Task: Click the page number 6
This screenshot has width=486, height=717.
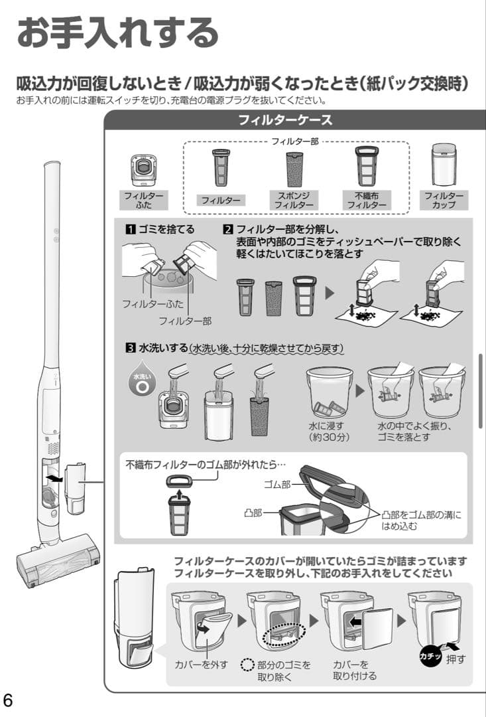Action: pyautogui.click(x=9, y=700)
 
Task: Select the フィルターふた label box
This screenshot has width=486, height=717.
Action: pyautogui.click(x=143, y=200)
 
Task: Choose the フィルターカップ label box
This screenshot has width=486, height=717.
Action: pyautogui.click(x=444, y=200)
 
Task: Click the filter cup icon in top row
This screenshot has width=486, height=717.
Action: pyautogui.click(x=444, y=165)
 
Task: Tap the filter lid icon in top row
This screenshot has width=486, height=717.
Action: pyautogui.click(x=143, y=169)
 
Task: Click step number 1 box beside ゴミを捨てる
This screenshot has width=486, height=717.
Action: pyautogui.click(x=131, y=229)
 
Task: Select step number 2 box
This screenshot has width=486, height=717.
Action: pyautogui.click(x=228, y=229)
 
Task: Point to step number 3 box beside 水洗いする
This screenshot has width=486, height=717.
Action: pyautogui.click(x=131, y=348)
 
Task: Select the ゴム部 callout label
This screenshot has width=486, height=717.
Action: pyautogui.click(x=276, y=484)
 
